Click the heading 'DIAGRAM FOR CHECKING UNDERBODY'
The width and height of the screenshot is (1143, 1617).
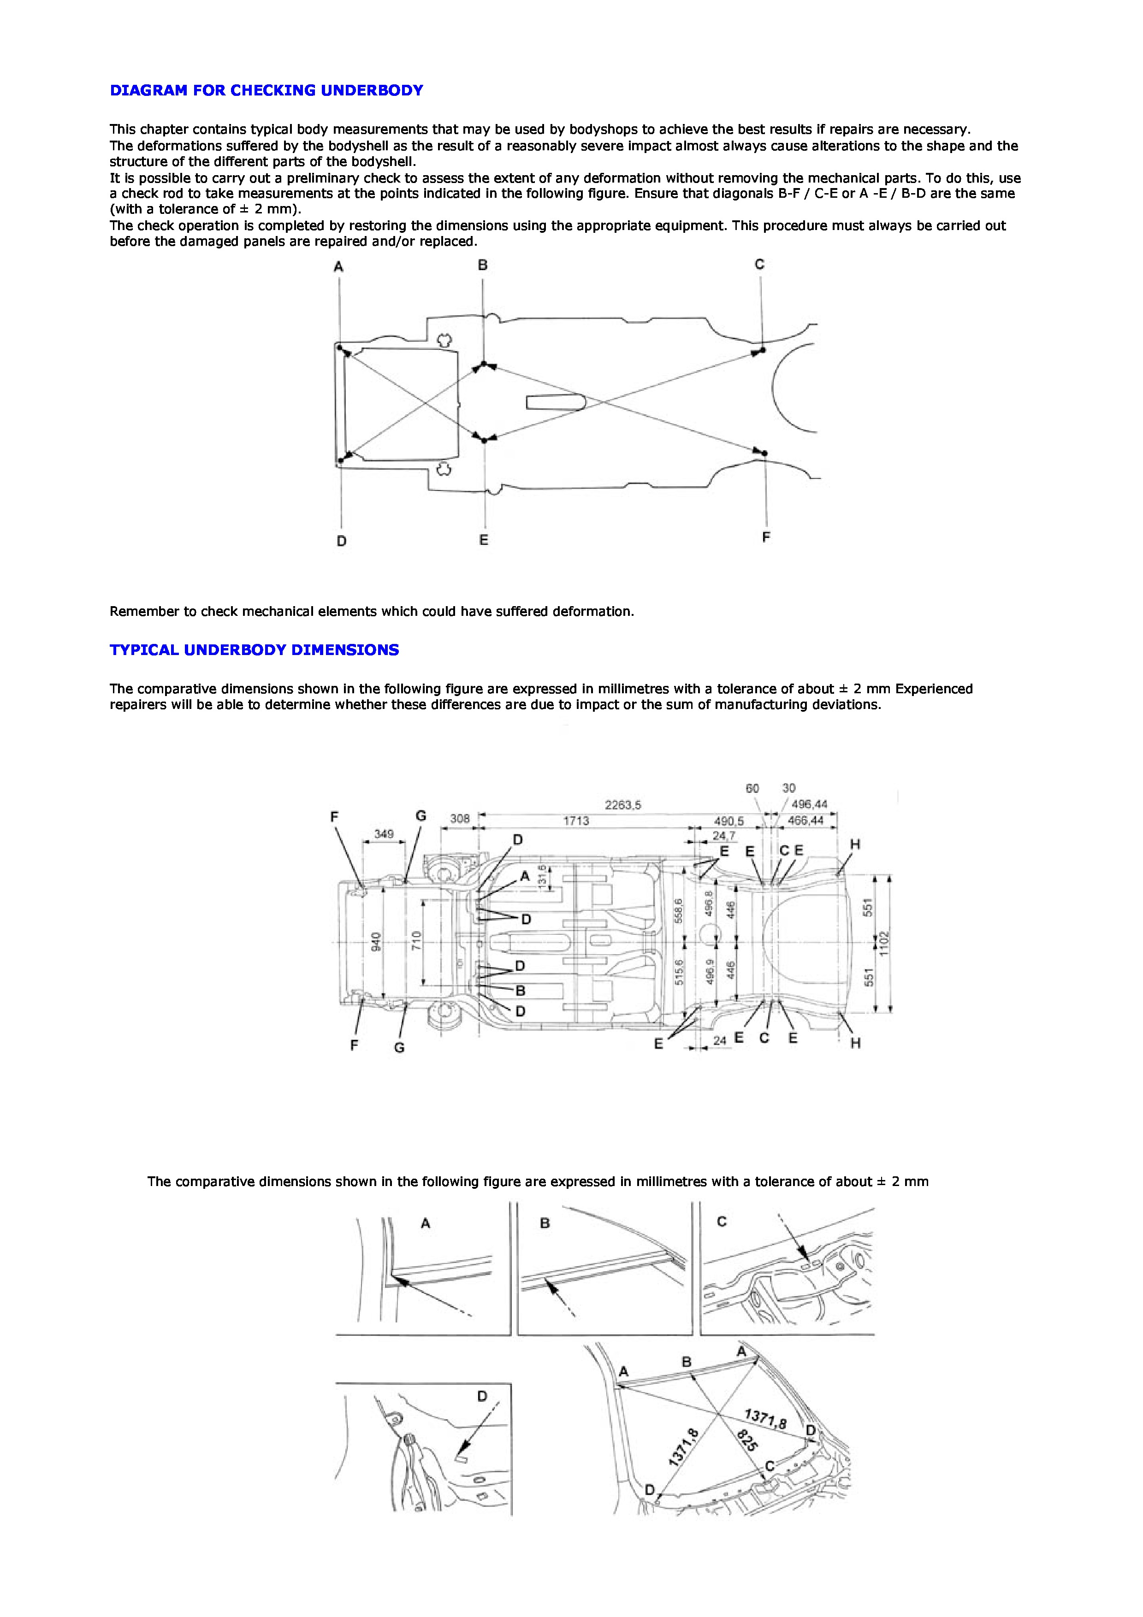pos(266,90)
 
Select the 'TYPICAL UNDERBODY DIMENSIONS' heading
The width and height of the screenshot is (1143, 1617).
pos(254,650)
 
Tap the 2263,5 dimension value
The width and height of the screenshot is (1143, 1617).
pos(622,805)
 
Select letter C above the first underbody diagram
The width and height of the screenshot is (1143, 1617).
pos(759,265)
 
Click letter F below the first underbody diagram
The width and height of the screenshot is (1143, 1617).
pos(766,537)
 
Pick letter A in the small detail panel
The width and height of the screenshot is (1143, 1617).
pos(426,1224)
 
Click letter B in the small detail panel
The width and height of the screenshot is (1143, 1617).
pos(545,1224)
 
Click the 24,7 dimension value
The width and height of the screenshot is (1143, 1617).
pos(723,837)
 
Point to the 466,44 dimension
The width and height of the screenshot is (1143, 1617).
pos(805,820)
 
